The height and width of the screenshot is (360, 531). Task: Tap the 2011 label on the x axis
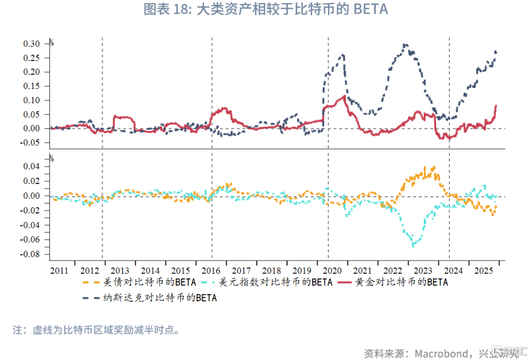point(59,271)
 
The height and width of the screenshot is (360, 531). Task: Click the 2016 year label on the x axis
point(211,271)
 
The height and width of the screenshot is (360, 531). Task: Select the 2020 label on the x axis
point(332,271)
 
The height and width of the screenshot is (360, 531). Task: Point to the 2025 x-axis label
point(484,271)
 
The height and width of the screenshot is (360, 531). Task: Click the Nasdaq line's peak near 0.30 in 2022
point(404,44)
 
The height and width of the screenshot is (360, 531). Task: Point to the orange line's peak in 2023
point(433,167)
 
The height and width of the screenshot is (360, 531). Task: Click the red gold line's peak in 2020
point(343,96)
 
